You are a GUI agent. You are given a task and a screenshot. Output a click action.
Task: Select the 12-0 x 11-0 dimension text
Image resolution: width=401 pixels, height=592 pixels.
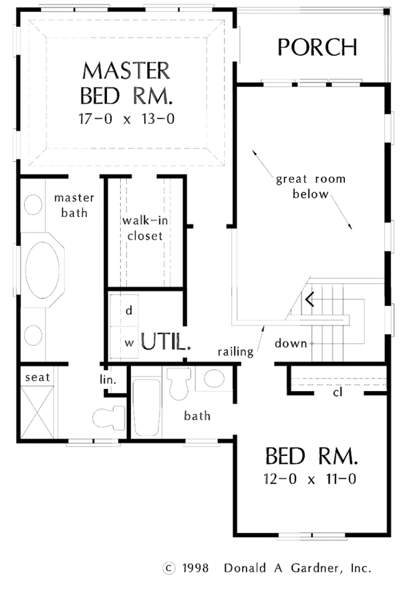(311, 480)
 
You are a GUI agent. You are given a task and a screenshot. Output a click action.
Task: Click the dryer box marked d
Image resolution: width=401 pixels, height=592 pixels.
(129, 311)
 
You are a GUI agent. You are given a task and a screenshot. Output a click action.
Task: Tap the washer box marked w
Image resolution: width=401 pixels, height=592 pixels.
(129, 342)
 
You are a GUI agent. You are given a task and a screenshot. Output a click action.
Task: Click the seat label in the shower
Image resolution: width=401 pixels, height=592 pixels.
(37, 378)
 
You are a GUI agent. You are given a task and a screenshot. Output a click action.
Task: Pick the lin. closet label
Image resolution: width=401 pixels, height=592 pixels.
(109, 380)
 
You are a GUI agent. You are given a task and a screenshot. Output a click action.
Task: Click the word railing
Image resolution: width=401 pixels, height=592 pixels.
(235, 351)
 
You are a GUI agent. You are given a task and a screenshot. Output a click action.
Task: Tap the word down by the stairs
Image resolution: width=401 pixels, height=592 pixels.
(290, 344)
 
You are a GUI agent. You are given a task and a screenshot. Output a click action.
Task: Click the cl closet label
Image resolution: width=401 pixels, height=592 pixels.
(338, 392)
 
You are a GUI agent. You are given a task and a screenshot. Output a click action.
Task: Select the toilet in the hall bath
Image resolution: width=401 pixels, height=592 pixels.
(179, 384)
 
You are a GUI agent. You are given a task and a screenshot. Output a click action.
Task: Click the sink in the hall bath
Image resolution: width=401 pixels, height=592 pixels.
(214, 379)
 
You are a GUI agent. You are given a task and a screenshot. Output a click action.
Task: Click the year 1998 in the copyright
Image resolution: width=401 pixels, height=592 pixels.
(194, 568)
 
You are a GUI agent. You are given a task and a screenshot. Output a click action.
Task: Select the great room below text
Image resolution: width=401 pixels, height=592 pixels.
(302, 188)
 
